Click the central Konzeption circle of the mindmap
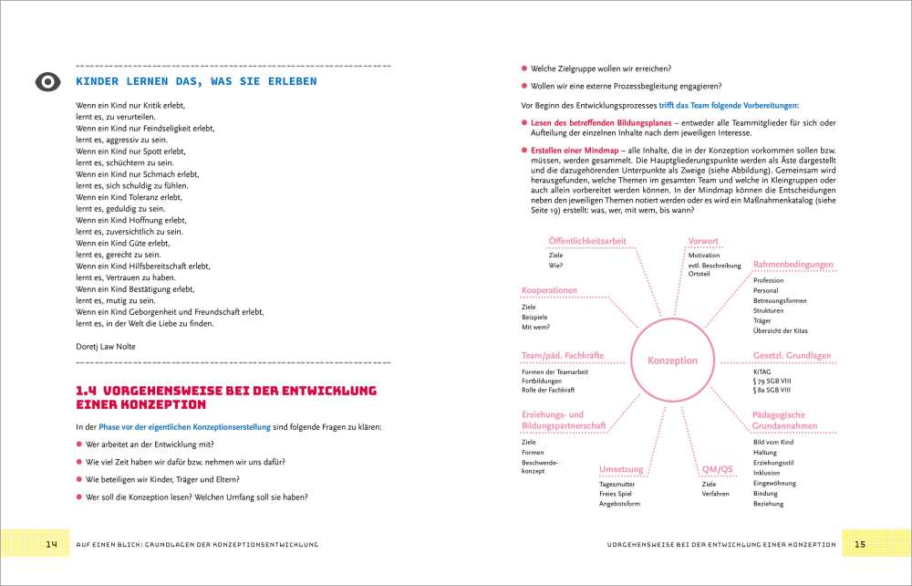click(672, 361)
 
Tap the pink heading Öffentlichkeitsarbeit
click(586, 241)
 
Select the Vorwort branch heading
click(703, 241)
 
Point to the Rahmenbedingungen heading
click(793, 265)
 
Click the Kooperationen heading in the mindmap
click(549, 290)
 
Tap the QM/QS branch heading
click(717, 469)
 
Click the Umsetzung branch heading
click(621, 469)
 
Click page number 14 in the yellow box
click(52, 545)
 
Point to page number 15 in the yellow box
click(859, 545)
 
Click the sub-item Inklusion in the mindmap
click(767, 473)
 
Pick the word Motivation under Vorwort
click(704, 256)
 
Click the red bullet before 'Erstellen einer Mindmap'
click(523, 149)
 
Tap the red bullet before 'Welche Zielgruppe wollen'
click(523, 68)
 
